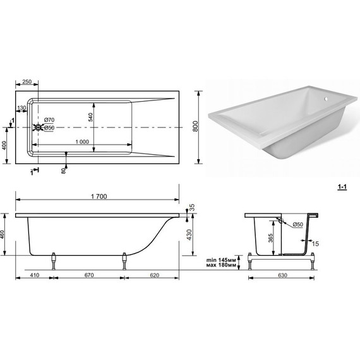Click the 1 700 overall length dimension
[99, 196]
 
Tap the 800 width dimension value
[195, 126]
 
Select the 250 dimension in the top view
[27, 81]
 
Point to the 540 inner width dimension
[90, 117]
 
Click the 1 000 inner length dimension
[82, 142]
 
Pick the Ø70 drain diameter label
[49, 120]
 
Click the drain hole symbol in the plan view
[38, 128]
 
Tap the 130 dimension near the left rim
[22, 107]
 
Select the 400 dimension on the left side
[4, 145]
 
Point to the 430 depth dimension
[189, 235]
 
